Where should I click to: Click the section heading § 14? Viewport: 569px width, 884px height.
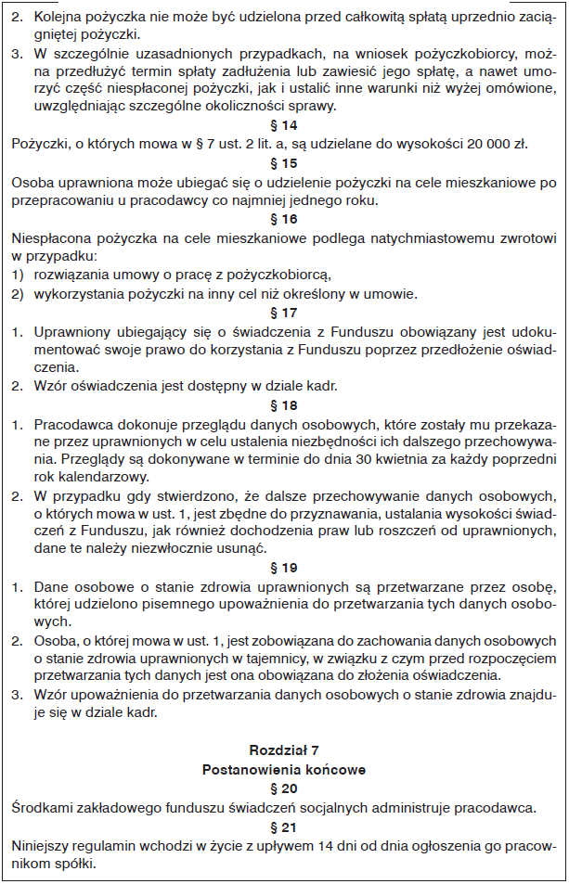click(x=283, y=125)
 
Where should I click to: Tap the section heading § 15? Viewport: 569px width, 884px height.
click(x=283, y=162)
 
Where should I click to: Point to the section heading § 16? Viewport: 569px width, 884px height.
click(x=283, y=219)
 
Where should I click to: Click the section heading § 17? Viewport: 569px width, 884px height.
click(x=283, y=313)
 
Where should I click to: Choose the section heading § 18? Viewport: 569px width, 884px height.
click(x=283, y=405)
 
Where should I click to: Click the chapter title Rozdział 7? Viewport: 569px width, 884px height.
click(x=283, y=749)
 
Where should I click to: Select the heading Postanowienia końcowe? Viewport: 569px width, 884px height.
click(x=283, y=769)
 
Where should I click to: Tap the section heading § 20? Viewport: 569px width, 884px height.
click(x=283, y=788)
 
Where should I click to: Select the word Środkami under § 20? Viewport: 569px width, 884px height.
click(x=44, y=807)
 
